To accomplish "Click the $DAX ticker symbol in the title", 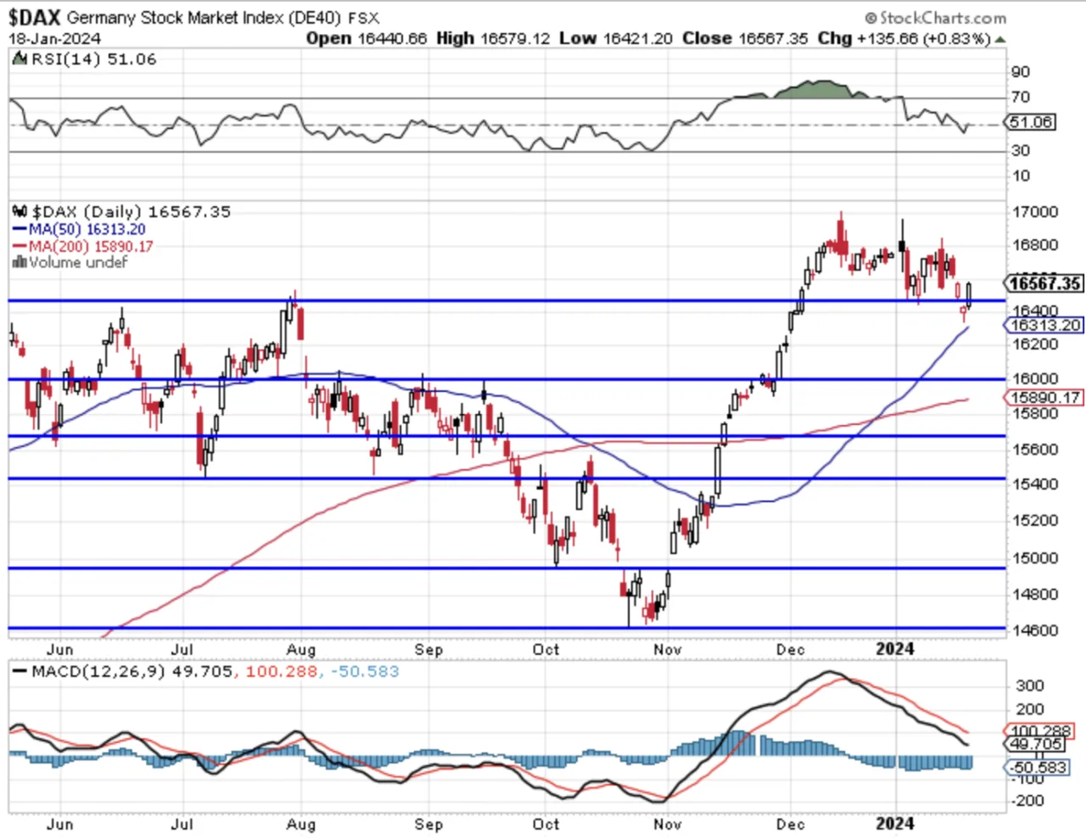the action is [x=34, y=18].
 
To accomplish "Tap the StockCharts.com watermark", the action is [x=936, y=19].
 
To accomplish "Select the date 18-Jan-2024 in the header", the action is [x=54, y=39].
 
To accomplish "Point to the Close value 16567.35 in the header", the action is [x=773, y=38].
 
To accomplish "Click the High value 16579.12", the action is [x=515, y=38].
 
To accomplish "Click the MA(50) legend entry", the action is [x=79, y=229].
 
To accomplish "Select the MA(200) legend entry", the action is [x=82, y=246].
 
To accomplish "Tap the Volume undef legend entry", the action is [x=70, y=262].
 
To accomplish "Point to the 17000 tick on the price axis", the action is [x=1035, y=212].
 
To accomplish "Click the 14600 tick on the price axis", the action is [x=1035, y=630].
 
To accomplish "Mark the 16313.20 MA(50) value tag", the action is [x=1044, y=325].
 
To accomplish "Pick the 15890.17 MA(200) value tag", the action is [x=1044, y=398].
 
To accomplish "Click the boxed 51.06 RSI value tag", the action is [x=1031, y=122].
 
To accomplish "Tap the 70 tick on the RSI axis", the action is [x=1021, y=97].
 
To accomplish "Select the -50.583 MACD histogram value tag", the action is [x=1037, y=767].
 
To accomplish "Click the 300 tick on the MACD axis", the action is [x=1030, y=685].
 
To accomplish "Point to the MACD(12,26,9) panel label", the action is [x=98, y=671].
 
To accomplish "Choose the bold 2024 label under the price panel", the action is [x=896, y=649].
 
